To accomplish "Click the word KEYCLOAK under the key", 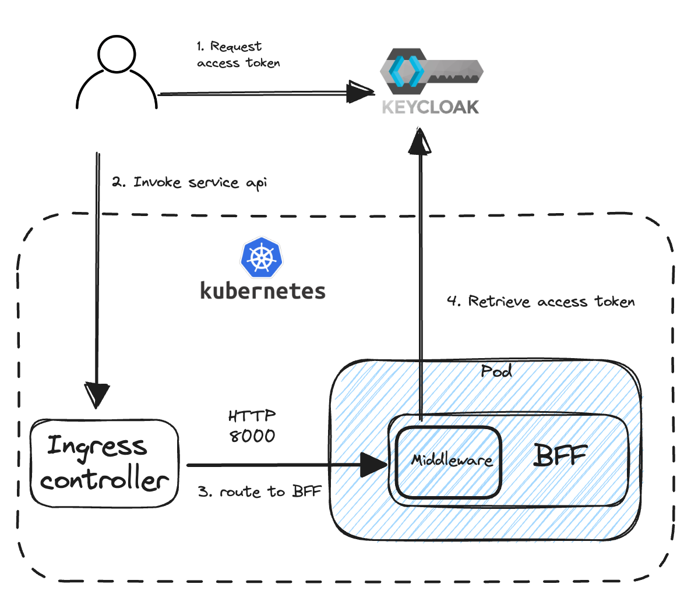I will coord(430,107).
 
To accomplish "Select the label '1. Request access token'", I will coord(238,55).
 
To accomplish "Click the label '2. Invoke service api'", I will coord(189,182).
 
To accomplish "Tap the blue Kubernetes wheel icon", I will coord(262,257).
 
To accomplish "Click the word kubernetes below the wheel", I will coord(262,291).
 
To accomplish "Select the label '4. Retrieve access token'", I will coord(540,301).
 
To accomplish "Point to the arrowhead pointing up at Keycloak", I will coord(420,141).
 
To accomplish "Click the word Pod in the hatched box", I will coord(496,371).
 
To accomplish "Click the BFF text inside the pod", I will coord(560,455).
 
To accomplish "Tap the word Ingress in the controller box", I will coord(97,447).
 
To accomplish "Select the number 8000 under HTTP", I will coord(252,436).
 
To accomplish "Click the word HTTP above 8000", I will coord(252,416).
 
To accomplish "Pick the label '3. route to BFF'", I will coord(259,491).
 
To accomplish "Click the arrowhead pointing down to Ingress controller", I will coord(96,395).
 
